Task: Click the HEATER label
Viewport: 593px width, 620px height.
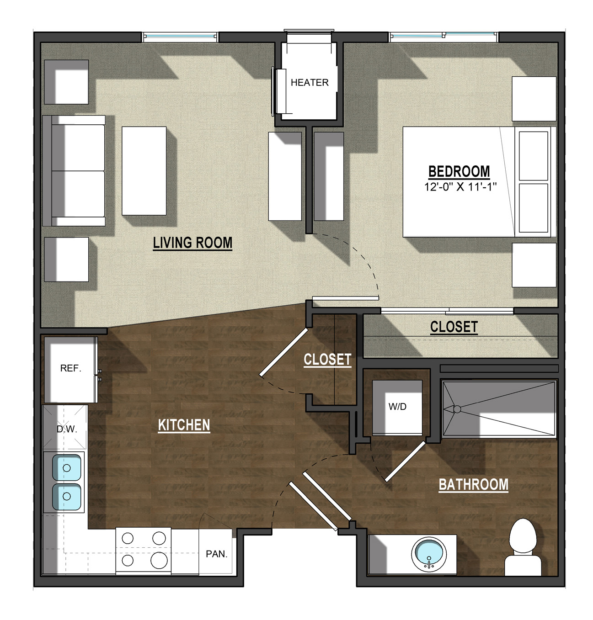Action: coord(309,83)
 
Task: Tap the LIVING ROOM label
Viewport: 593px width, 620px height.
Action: coord(192,243)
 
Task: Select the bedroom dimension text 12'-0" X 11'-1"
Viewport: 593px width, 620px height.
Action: coord(460,187)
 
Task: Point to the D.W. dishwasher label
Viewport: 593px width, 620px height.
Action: coord(67,429)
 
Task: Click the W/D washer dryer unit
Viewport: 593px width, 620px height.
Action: coord(397,408)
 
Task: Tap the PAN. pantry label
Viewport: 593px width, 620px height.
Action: coord(216,554)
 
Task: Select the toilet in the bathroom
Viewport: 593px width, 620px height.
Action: coord(523,547)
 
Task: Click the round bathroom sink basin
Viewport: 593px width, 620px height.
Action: coord(429,554)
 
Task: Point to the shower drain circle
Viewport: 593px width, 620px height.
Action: coord(457,409)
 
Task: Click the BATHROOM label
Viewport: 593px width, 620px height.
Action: coord(474,485)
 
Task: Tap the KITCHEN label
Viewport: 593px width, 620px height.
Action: coord(184,425)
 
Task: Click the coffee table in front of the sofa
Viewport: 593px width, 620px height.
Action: coord(144,171)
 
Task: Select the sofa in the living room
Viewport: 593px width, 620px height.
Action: coord(74,171)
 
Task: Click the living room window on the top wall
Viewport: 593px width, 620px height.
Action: coord(180,37)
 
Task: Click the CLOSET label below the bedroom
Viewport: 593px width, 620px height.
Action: coord(454,327)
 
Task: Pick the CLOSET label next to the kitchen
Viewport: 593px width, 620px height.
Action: coord(327,360)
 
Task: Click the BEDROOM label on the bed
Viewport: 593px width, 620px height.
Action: coord(459,172)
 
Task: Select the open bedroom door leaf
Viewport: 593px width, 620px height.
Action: coord(346,298)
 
